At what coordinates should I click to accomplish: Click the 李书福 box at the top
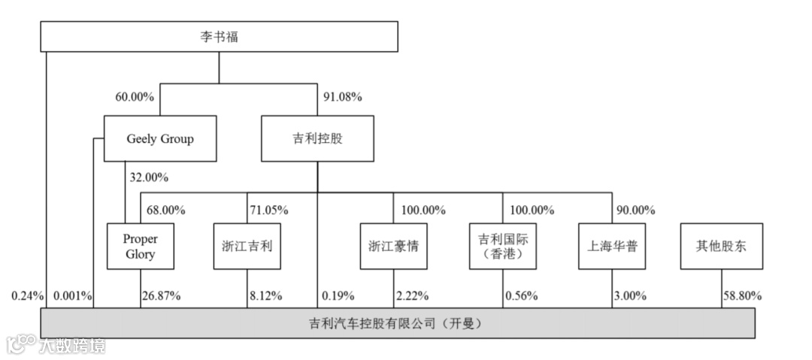click(x=219, y=36)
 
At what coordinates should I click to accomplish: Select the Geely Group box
click(x=159, y=138)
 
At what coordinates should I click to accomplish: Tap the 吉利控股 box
click(x=317, y=138)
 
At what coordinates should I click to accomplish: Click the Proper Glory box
click(x=141, y=247)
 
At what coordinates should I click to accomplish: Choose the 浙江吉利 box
click(x=247, y=247)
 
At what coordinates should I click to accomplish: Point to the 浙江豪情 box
click(x=394, y=247)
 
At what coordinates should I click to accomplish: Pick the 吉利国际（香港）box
click(x=503, y=247)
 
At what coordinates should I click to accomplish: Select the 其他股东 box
click(x=721, y=247)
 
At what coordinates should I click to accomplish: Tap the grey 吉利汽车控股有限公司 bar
click(x=397, y=324)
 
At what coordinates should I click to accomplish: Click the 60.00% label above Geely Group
click(x=135, y=97)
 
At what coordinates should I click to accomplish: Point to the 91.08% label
click(x=343, y=97)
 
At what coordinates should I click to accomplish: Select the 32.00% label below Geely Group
click(x=149, y=178)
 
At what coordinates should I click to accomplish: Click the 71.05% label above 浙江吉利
click(x=268, y=210)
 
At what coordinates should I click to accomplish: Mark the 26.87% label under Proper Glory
click(x=161, y=295)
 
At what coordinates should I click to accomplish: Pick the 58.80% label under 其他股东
click(x=742, y=295)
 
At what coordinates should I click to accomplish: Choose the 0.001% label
click(x=72, y=295)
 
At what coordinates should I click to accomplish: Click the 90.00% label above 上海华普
click(x=635, y=210)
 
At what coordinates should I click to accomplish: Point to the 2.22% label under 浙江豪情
click(x=412, y=295)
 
